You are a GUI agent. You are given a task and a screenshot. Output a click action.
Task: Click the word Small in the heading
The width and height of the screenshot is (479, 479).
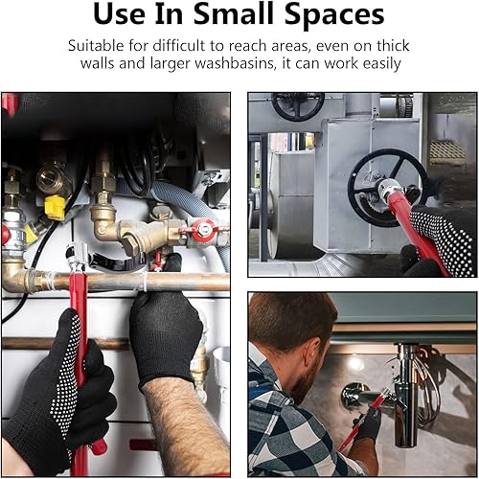tap(236, 14)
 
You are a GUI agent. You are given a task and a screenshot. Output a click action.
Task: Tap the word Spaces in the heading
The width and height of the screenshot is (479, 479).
tap(334, 16)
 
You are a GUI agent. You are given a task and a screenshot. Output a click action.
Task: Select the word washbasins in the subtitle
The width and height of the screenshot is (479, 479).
tap(235, 63)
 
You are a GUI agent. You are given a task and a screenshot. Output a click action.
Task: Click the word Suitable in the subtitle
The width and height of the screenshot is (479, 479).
tap(96, 46)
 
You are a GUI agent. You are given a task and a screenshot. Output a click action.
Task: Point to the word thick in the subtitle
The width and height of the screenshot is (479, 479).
tap(393, 46)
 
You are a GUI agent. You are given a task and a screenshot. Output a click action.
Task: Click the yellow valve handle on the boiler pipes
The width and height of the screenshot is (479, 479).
tap(55, 208)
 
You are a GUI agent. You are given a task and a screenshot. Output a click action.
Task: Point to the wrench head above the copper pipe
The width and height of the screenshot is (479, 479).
tap(77, 255)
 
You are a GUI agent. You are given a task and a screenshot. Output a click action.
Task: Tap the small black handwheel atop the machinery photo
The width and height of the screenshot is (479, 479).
tap(298, 105)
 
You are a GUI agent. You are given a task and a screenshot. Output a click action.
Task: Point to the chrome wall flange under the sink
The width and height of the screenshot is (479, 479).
tap(354, 396)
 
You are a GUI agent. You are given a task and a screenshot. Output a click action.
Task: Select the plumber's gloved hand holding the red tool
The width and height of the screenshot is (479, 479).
tap(368, 422)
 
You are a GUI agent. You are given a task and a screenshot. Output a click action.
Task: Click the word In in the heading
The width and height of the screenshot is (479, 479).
tap(169, 14)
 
